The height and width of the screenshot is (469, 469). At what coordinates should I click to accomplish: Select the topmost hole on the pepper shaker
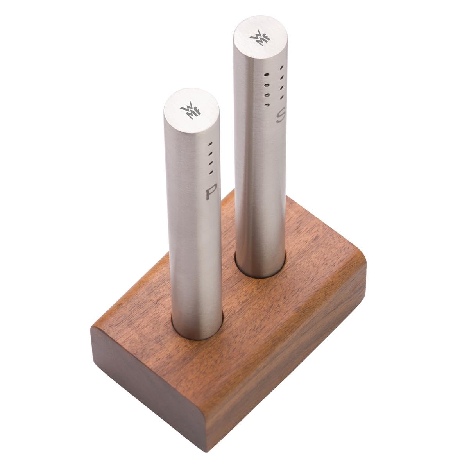point(210,144)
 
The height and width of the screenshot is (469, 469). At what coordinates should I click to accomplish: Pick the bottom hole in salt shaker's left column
point(267,104)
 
